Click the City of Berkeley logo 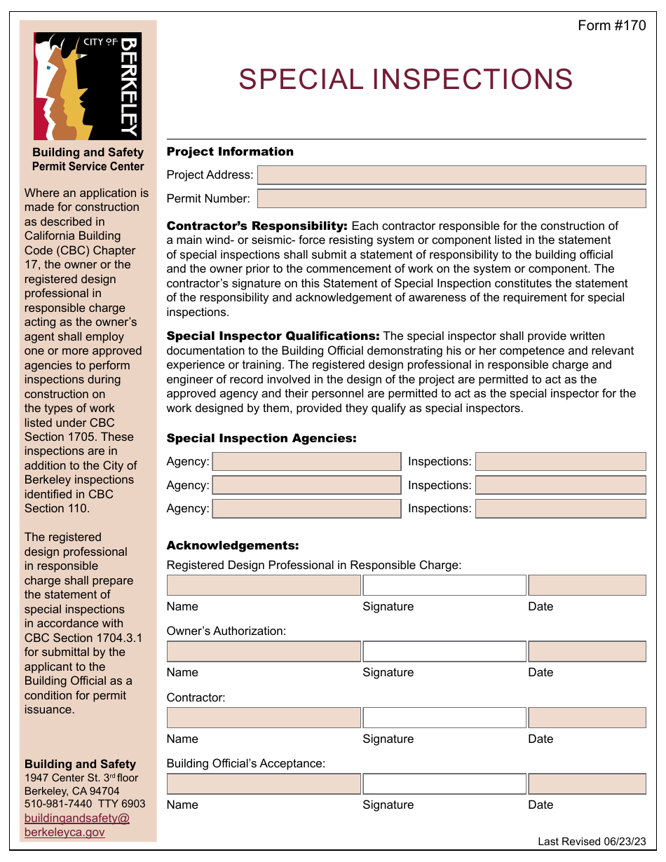click(x=88, y=86)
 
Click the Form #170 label click(x=611, y=26)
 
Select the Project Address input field click(x=451, y=175)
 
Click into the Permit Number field click(x=451, y=199)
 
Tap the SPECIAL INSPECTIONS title click(x=405, y=80)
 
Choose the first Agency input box click(x=306, y=462)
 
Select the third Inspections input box click(x=560, y=509)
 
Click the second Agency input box click(x=306, y=486)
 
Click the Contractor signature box click(x=444, y=718)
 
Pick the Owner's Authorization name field click(x=264, y=652)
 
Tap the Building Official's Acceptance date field click(x=587, y=784)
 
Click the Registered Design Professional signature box click(x=444, y=585)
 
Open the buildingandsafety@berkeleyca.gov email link click(x=76, y=825)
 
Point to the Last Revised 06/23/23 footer click(x=592, y=842)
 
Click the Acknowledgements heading click(x=233, y=546)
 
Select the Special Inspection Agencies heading click(x=261, y=439)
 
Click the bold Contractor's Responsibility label click(x=257, y=226)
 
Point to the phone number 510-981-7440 click(x=58, y=804)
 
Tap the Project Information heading click(x=230, y=152)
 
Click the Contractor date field click(x=587, y=718)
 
